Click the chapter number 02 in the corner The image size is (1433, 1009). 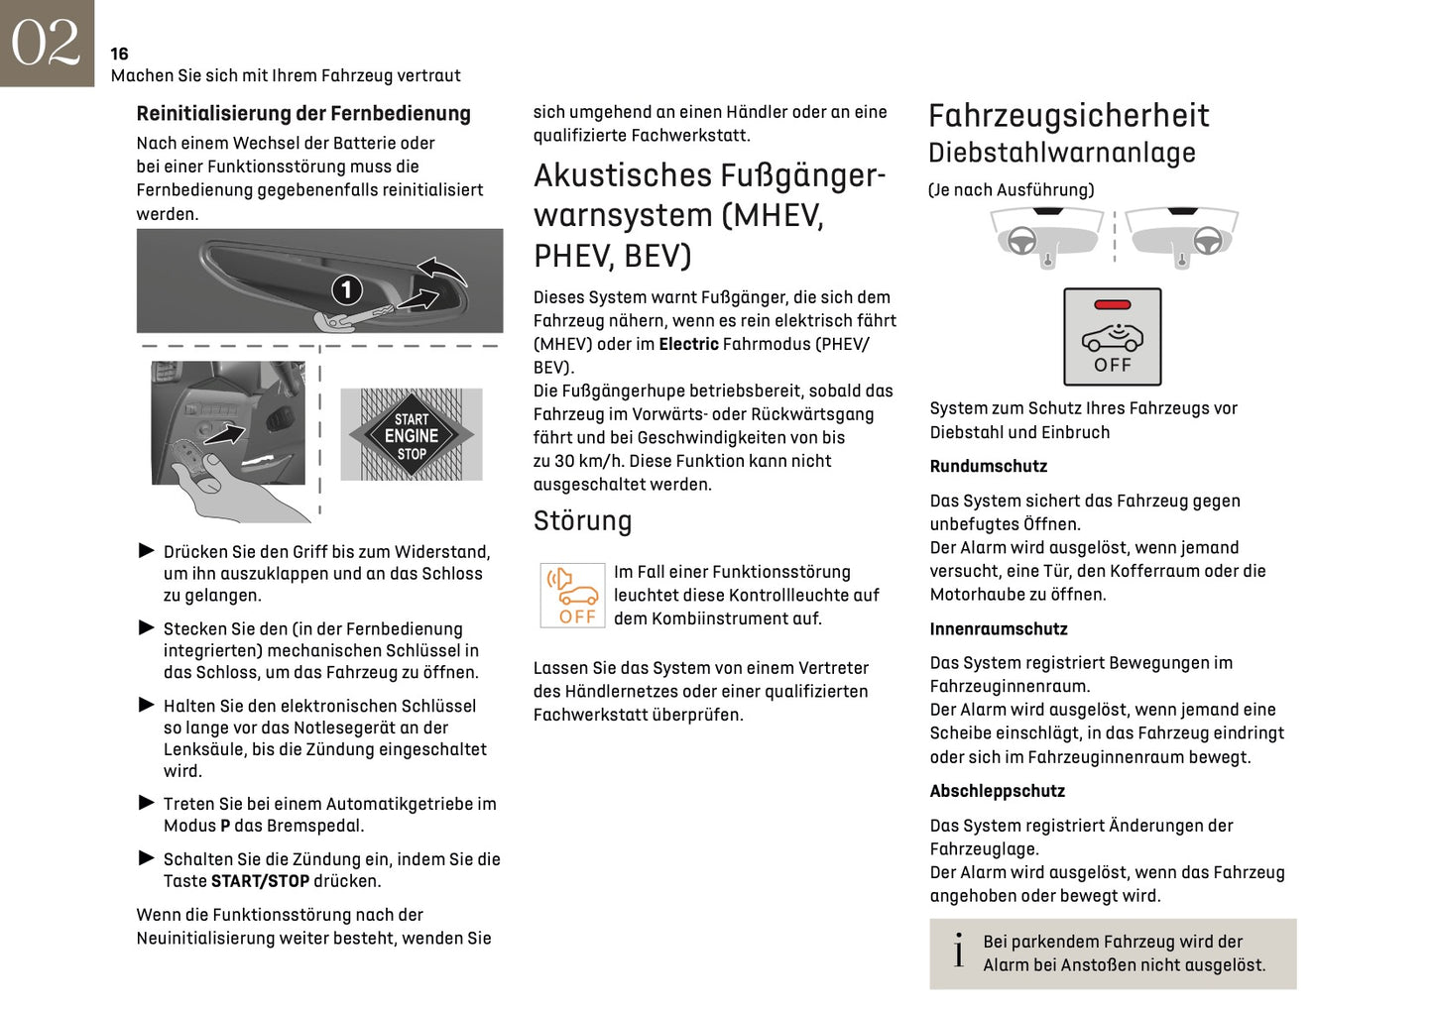[x=46, y=43]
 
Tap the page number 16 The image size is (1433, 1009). [x=119, y=54]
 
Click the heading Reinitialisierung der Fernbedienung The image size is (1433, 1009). [x=302, y=114]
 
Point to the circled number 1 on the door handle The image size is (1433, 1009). [x=346, y=289]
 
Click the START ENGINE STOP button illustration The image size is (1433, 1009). [x=411, y=435]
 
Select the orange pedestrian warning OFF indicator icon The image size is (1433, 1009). [x=572, y=595]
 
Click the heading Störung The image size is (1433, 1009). [x=582, y=521]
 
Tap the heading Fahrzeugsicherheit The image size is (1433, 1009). [x=1068, y=116]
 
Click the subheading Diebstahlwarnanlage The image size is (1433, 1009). [x=1061, y=154]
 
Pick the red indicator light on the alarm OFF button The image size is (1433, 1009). [x=1112, y=305]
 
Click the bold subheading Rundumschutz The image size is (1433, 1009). [x=988, y=467]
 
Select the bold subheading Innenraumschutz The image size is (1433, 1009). [x=998, y=629]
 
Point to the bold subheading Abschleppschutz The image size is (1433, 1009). [x=997, y=792]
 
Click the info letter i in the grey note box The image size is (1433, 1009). [x=958, y=952]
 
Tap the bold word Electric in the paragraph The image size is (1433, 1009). [x=688, y=345]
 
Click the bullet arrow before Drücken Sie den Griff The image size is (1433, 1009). [x=147, y=551]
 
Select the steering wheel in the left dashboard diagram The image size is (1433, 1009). [x=1021, y=241]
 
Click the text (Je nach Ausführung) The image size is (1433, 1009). [x=1011, y=190]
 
